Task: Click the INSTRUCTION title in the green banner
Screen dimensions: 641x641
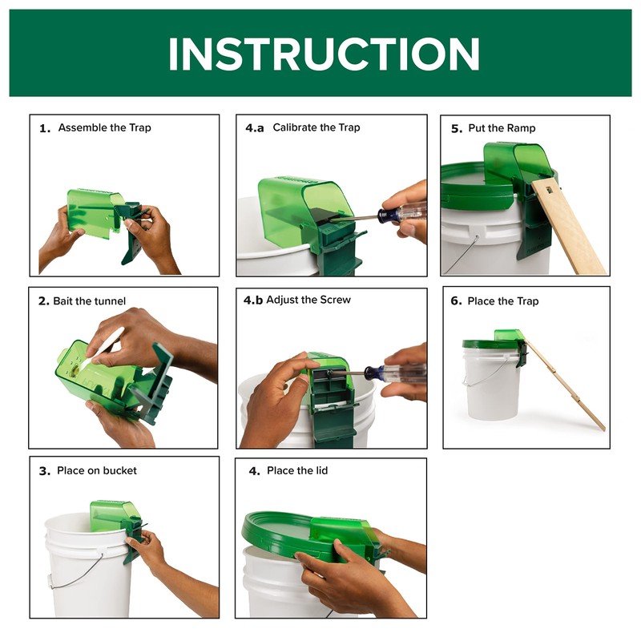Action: coord(324,54)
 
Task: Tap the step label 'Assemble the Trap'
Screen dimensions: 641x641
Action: coord(105,128)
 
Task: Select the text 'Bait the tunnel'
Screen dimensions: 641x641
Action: coord(90,301)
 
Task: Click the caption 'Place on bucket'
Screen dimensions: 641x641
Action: coord(97,471)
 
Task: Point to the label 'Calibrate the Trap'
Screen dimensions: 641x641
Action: coord(316,127)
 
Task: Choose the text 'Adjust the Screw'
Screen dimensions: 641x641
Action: coord(308,300)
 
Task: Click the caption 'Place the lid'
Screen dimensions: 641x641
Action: coord(297,471)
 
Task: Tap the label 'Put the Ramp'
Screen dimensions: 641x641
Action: coord(502,128)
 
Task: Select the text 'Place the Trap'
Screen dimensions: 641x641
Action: coord(503,301)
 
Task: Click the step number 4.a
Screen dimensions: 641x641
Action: coord(254,128)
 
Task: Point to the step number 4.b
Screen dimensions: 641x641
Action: coord(253,300)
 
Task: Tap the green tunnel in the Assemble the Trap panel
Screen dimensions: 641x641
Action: coord(95,212)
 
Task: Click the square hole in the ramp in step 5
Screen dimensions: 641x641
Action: coord(548,189)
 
